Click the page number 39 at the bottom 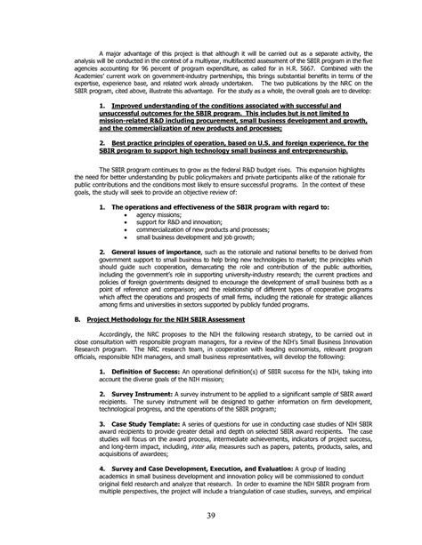point(211,518)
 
